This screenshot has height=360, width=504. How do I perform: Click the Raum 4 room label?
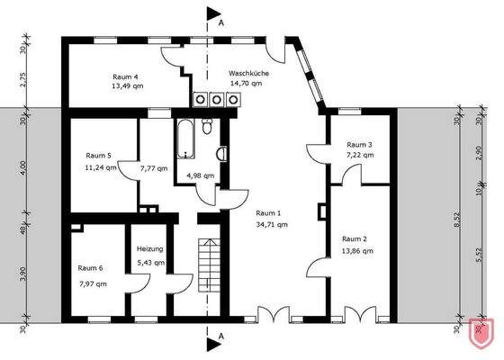(x=125, y=77)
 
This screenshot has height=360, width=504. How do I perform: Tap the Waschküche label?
(x=245, y=73)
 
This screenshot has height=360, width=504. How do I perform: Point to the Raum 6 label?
(x=91, y=268)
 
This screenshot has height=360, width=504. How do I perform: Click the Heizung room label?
(x=150, y=249)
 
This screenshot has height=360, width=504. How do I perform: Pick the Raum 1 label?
(x=269, y=213)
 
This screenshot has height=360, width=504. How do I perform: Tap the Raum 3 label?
(x=359, y=144)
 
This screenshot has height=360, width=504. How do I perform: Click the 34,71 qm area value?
(x=270, y=225)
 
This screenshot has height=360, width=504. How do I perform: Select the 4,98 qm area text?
(x=201, y=175)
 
